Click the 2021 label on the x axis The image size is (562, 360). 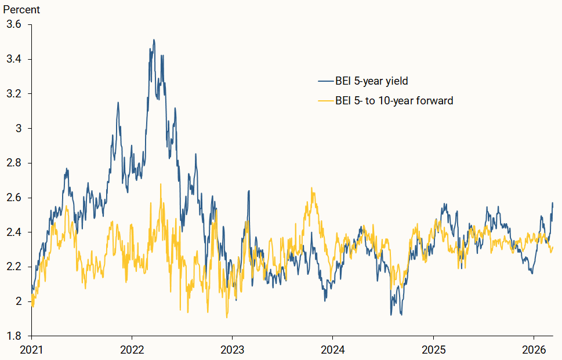coord(31,350)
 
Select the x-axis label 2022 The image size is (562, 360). coord(132,350)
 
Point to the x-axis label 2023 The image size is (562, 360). coord(232,350)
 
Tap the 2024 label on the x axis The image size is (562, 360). coord(332,350)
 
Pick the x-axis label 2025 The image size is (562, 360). coord(433,350)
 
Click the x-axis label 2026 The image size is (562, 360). coord(533,350)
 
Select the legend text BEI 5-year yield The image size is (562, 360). coord(372,81)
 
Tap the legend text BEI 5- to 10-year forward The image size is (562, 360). coord(394,101)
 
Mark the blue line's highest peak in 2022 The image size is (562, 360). coord(154,40)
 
